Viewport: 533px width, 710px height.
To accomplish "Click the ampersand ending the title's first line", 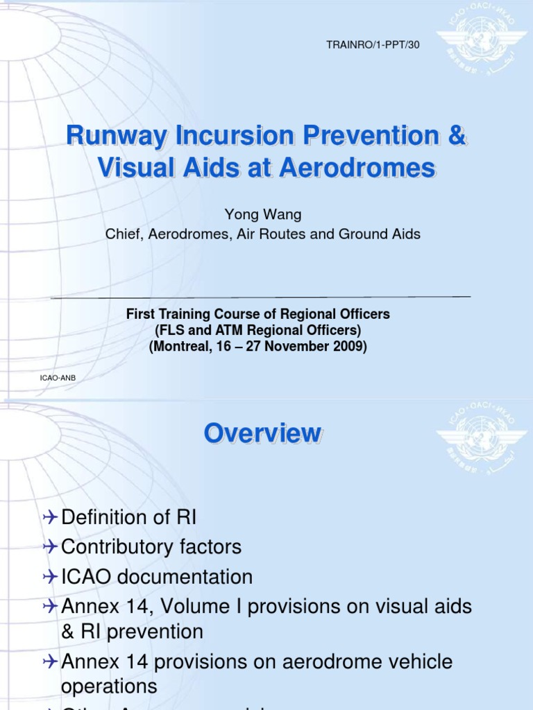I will [x=456, y=137].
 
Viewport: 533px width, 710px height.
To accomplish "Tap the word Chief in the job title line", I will [x=121, y=234].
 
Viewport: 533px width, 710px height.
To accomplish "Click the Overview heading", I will [x=262, y=434].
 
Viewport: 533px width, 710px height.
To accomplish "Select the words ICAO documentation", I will [x=157, y=577].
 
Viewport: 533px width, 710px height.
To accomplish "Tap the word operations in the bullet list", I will [x=108, y=686].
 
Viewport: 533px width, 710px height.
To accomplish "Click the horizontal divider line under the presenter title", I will [x=262, y=297].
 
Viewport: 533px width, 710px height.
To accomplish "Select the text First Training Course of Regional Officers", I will [x=258, y=314].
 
